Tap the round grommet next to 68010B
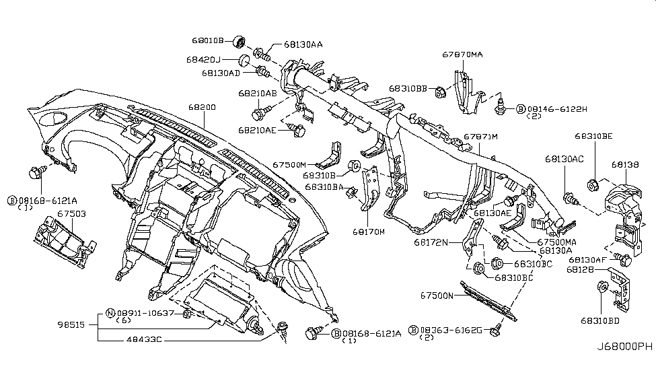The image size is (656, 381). point(237,42)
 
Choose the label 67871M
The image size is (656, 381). point(480,137)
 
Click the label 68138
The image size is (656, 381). point(624,164)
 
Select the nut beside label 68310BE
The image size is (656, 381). point(592,182)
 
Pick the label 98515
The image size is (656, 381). point(71,324)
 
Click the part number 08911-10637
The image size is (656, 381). point(145,313)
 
